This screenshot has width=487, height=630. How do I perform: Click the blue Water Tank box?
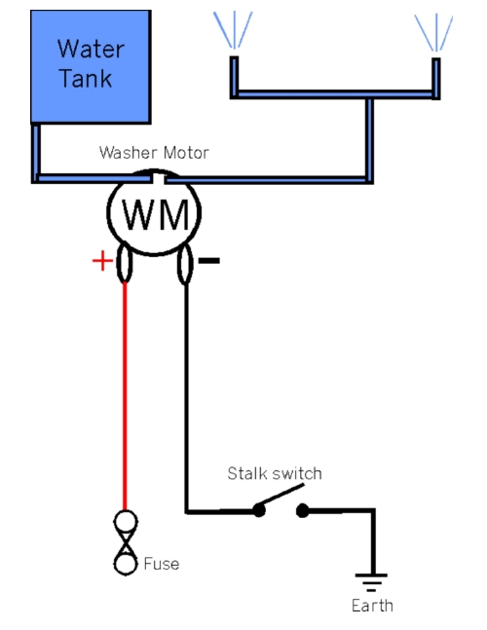[91, 66]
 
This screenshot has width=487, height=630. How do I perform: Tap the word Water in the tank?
[91, 49]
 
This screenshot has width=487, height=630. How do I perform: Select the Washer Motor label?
[154, 153]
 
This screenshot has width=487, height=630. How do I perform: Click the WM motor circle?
[154, 212]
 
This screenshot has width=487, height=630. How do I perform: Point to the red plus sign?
[102, 261]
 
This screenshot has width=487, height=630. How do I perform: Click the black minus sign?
[209, 261]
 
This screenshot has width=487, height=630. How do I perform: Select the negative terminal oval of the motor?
[185, 264]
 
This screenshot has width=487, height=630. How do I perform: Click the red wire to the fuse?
[125, 396]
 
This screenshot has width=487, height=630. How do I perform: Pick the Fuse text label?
[161, 564]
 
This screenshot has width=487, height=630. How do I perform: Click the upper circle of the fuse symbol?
[126, 522]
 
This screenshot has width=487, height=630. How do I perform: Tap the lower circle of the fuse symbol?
[126, 564]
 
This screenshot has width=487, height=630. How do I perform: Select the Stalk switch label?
[275, 473]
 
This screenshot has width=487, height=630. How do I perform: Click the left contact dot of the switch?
[259, 510]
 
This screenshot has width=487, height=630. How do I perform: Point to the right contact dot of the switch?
[303, 510]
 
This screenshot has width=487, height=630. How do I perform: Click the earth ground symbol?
[371, 582]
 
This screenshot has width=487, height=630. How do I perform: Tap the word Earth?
[372, 606]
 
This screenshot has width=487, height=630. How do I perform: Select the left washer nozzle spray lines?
[234, 30]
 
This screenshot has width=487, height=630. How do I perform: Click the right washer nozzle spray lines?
[434, 32]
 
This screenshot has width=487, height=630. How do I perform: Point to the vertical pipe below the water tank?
[36, 153]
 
